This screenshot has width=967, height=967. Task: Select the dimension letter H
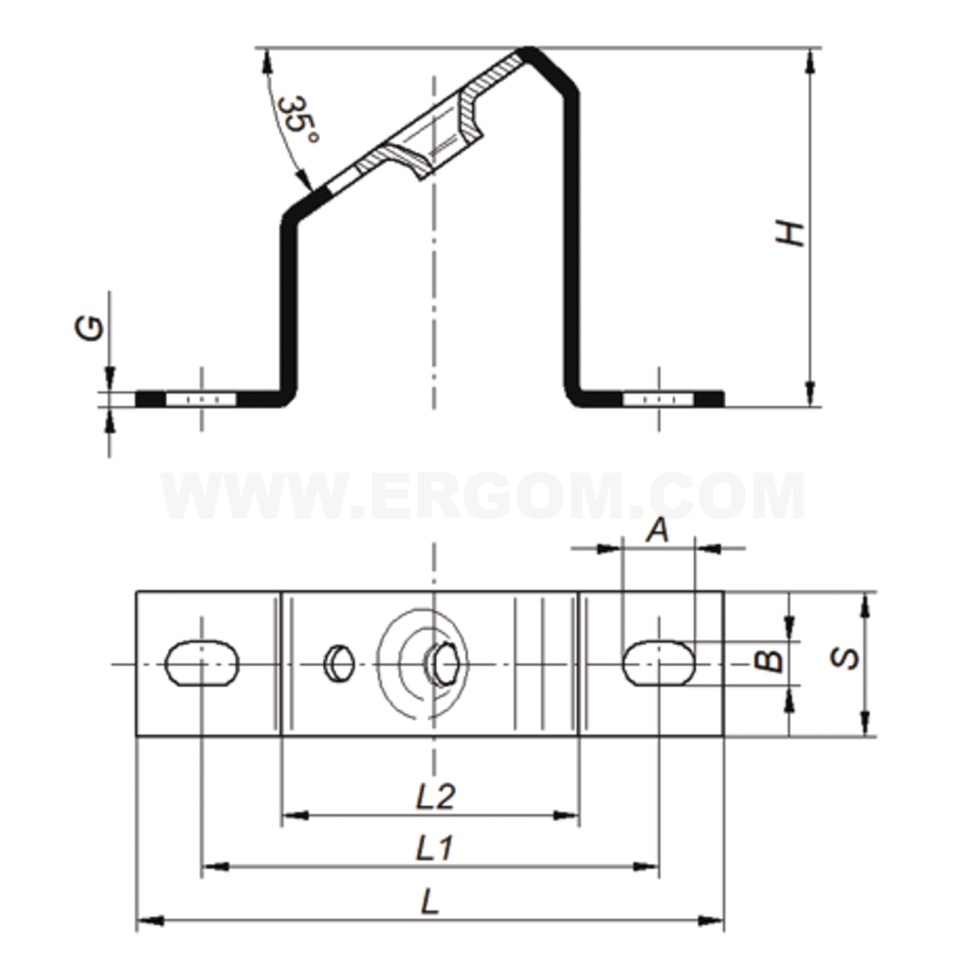coord(790,233)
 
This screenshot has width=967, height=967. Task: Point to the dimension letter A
coord(658,530)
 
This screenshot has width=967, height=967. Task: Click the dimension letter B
coord(769,661)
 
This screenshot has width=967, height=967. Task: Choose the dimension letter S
coord(845,657)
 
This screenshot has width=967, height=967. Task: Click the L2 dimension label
coord(435,796)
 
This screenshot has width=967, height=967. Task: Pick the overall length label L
coord(430,903)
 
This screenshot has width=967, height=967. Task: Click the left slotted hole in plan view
coord(202,663)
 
